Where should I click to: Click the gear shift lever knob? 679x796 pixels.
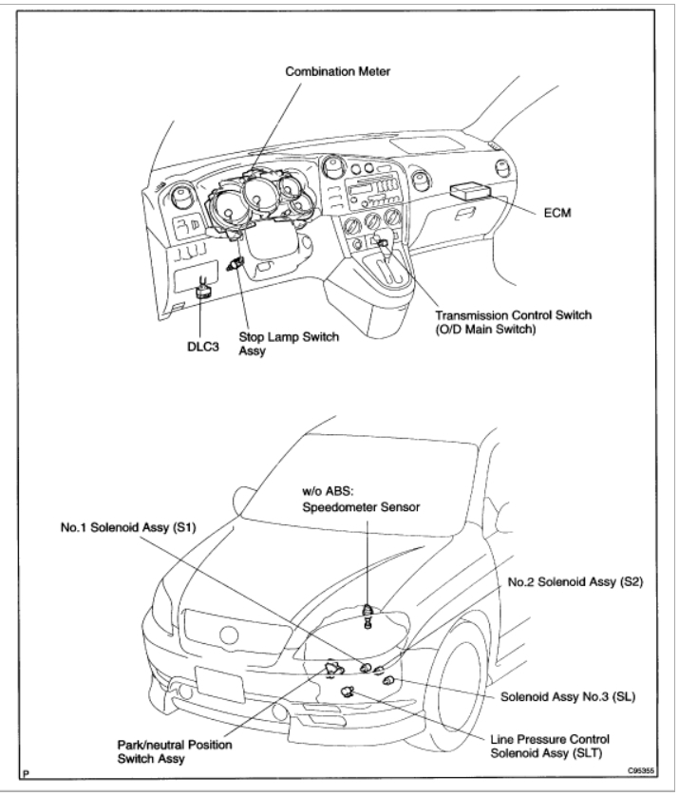pyautogui.click(x=384, y=243)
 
